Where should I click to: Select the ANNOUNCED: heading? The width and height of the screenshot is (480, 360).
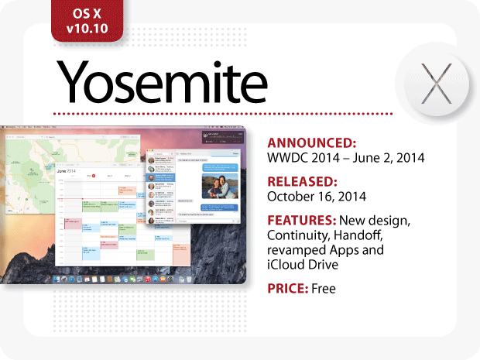click(311, 143)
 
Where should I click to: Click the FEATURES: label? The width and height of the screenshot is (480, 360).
click(303, 221)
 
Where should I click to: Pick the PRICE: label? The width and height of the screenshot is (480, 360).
click(287, 290)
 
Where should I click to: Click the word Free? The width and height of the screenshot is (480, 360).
click(326, 290)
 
